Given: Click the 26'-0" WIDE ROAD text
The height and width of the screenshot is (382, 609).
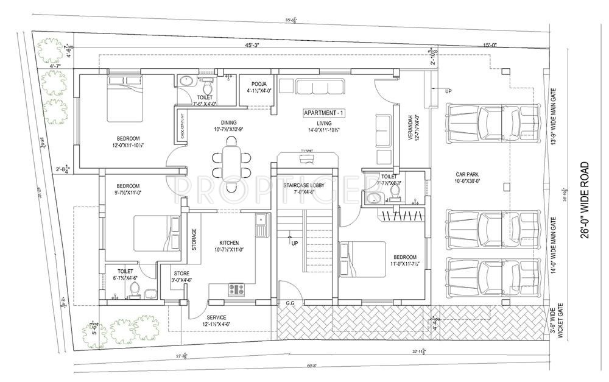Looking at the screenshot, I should (x=585, y=200).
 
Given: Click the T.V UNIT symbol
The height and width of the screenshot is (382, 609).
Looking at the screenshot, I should (x=307, y=159).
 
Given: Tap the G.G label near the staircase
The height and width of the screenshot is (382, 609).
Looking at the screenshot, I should (x=290, y=303).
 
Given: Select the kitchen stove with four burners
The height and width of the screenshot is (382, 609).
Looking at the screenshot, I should (x=237, y=289).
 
